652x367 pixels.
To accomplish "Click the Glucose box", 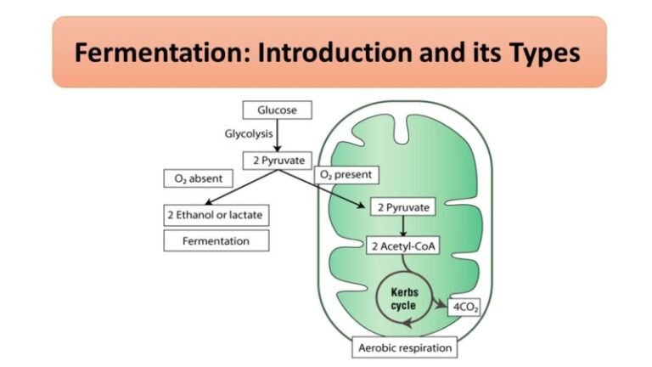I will pyautogui.click(x=277, y=110).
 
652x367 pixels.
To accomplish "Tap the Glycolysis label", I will pyautogui.click(x=248, y=134).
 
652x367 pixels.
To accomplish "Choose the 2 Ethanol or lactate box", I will pyautogui.click(x=216, y=215).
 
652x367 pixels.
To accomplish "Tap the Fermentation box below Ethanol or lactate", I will pyautogui.click(x=216, y=240).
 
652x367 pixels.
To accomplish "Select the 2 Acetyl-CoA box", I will pyautogui.click(x=401, y=246).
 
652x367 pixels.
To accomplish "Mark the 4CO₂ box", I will pyautogui.click(x=464, y=306).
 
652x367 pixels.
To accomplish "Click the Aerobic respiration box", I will pyautogui.click(x=404, y=347).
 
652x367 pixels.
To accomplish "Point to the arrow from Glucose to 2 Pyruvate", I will pyautogui.click(x=277, y=136).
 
